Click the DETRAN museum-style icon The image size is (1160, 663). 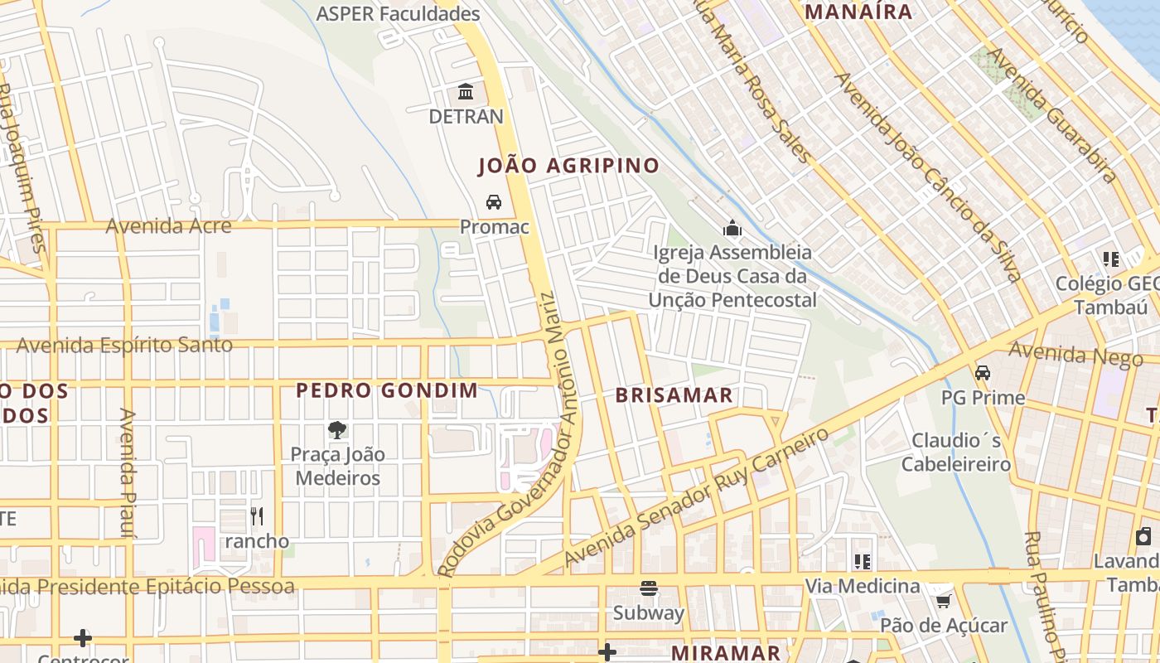(x=466, y=91)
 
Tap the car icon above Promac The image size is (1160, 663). (x=494, y=202)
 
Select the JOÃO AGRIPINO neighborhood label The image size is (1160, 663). (x=568, y=166)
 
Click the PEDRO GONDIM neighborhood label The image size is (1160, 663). (x=387, y=390)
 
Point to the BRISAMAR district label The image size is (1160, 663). (x=674, y=395)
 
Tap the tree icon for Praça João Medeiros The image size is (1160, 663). (x=337, y=429)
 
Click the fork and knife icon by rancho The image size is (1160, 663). (x=257, y=516)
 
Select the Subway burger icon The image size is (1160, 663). (x=649, y=588)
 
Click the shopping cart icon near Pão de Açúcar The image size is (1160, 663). (x=943, y=599)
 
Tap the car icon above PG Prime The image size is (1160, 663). (x=983, y=373)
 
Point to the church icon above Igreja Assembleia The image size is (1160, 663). (x=732, y=228)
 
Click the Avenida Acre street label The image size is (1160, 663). (x=168, y=225)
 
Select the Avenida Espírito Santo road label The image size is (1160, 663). (x=124, y=345)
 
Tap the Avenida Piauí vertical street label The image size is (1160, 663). (x=128, y=472)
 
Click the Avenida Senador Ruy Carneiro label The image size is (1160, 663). (x=696, y=497)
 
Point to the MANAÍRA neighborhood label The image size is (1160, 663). (x=858, y=12)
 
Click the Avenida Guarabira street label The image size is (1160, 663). (x=1053, y=114)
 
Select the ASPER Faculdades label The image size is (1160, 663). (x=399, y=14)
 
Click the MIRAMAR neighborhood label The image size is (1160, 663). (x=726, y=653)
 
